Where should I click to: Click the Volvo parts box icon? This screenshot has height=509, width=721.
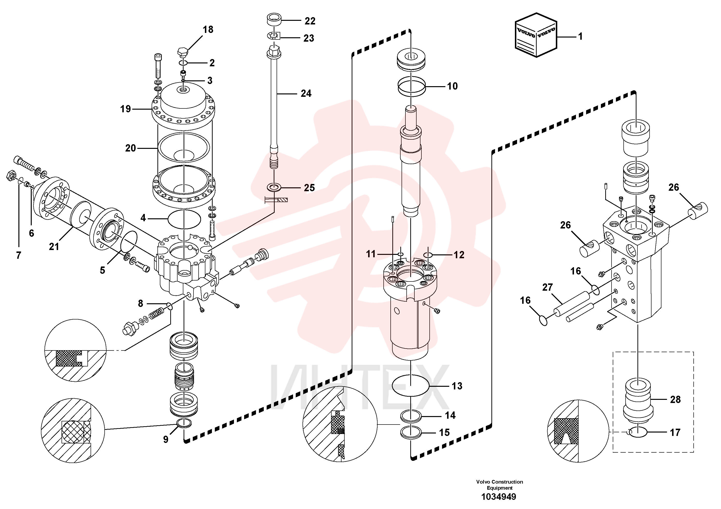point(536,35)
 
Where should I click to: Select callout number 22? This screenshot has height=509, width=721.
point(310,21)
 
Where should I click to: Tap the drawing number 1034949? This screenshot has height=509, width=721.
point(499,497)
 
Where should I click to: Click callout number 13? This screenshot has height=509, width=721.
point(457,386)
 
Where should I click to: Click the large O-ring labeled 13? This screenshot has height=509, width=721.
point(411,385)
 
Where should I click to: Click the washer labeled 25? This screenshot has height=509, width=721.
point(274,188)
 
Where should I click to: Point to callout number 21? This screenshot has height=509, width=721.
point(54,247)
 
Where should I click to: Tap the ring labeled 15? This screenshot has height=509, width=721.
point(411,433)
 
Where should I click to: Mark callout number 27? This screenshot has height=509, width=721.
point(547,287)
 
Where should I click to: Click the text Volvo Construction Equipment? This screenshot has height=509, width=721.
point(499,485)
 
